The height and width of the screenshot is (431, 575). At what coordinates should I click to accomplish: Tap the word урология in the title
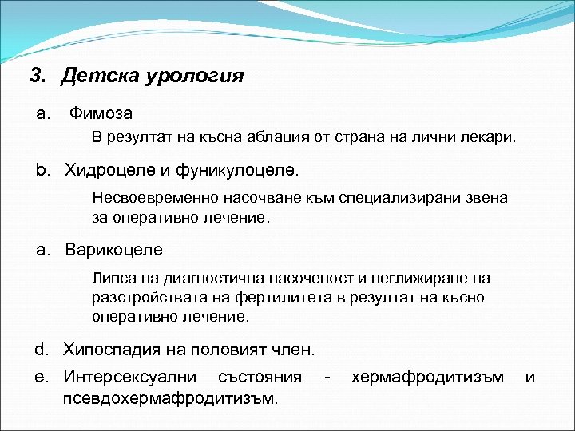click(x=194, y=77)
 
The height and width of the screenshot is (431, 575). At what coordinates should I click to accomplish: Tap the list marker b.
click(x=42, y=170)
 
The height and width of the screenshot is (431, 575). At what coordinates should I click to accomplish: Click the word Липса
click(x=113, y=279)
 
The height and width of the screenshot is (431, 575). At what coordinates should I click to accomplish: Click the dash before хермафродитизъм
click(x=327, y=376)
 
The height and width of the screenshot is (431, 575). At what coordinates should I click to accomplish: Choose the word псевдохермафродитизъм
click(x=170, y=397)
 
